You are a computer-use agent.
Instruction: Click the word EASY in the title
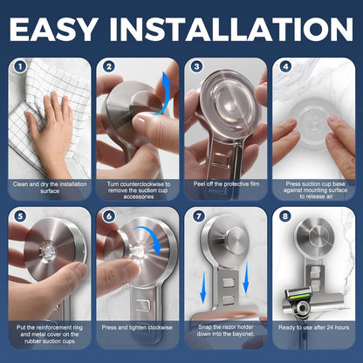[75, 27]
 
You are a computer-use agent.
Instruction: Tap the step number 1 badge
[18, 66]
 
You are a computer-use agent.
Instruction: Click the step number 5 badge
[18, 216]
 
